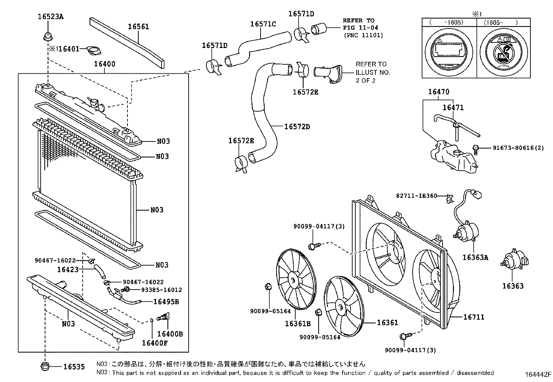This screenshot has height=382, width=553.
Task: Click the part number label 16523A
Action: (51, 16)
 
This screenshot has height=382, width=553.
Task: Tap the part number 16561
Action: (138, 26)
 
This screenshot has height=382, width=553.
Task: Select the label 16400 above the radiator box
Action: (104, 64)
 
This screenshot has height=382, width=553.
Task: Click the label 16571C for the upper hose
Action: (263, 24)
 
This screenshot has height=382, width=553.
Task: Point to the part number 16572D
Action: (297, 127)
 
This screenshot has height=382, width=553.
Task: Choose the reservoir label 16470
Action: (438, 92)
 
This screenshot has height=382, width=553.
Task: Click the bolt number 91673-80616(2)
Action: (518, 148)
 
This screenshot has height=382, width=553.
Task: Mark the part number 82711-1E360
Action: (416, 196)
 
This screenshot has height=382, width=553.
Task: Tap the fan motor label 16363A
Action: (475, 257)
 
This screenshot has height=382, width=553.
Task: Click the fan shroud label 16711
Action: (474, 317)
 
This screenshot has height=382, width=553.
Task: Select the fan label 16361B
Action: (298, 324)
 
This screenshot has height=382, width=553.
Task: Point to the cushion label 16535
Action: (74, 367)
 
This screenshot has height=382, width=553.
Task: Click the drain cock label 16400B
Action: (170, 334)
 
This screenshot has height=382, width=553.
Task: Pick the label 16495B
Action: (166, 302)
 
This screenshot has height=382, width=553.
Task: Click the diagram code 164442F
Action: (538, 375)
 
